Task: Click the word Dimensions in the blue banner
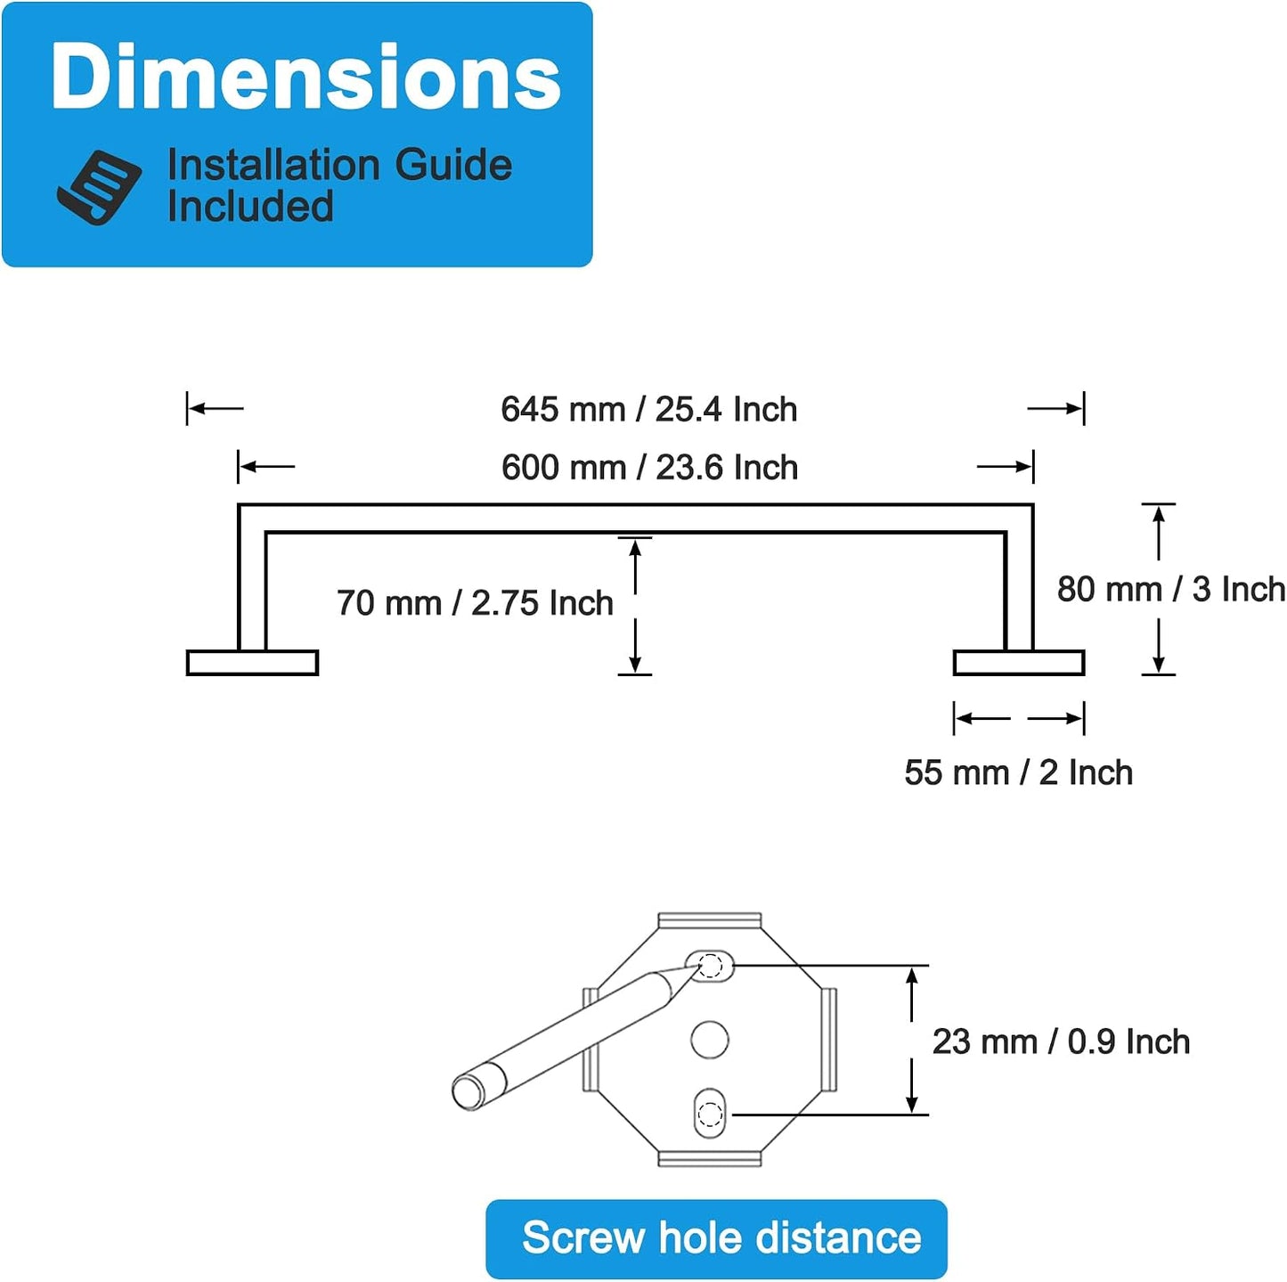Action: [305, 76]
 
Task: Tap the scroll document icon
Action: [99, 187]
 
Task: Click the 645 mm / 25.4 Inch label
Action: [649, 409]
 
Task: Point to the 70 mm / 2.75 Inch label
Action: [475, 602]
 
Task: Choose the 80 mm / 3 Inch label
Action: [1171, 589]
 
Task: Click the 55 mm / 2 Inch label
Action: [1019, 773]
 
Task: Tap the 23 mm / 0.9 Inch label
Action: [1062, 1041]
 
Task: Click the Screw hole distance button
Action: [716, 1237]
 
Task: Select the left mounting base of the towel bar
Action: [252, 663]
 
